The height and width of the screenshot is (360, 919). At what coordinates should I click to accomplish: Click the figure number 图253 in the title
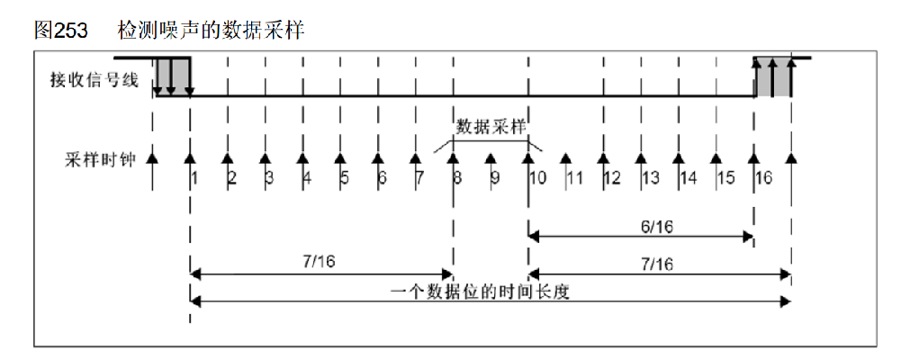click(x=61, y=30)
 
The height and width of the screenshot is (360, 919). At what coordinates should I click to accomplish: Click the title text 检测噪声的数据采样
click(x=211, y=30)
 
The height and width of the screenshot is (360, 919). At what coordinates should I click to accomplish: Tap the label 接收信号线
click(x=94, y=80)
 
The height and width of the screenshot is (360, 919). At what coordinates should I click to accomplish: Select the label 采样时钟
click(x=94, y=159)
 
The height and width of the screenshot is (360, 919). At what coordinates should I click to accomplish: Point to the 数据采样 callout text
click(x=491, y=125)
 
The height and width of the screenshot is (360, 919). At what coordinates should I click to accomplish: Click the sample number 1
click(x=194, y=177)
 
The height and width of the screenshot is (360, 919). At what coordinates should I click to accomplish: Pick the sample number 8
click(x=458, y=177)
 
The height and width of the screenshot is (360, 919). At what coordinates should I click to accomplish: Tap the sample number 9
click(x=495, y=177)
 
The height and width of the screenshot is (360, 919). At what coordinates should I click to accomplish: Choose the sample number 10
click(x=537, y=177)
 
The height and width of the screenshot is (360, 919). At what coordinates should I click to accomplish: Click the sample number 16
click(x=763, y=177)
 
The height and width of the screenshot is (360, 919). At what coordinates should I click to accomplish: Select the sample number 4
click(x=307, y=177)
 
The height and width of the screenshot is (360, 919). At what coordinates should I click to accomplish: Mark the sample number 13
click(x=651, y=177)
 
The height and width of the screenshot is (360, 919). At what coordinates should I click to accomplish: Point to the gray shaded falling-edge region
click(x=172, y=76)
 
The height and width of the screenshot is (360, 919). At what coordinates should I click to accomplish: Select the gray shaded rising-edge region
click(x=772, y=77)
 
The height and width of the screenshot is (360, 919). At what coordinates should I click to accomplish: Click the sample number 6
click(x=383, y=177)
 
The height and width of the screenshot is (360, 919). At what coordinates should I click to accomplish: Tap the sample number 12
click(x=612, y=177)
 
